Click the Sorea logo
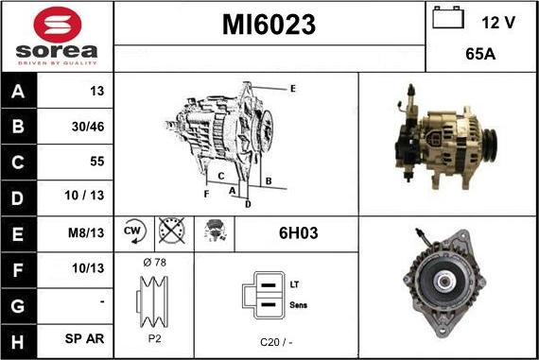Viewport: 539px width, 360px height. pos(56,36)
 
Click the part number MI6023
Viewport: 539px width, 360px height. pos(268,26)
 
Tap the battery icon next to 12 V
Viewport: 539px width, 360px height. pos(445,19)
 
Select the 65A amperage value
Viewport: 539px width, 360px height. pos(481,54)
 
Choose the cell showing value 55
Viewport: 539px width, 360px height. pos(96,161)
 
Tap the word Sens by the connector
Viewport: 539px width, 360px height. pos(299,304)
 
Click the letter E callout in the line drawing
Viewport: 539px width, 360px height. pos(293,88)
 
